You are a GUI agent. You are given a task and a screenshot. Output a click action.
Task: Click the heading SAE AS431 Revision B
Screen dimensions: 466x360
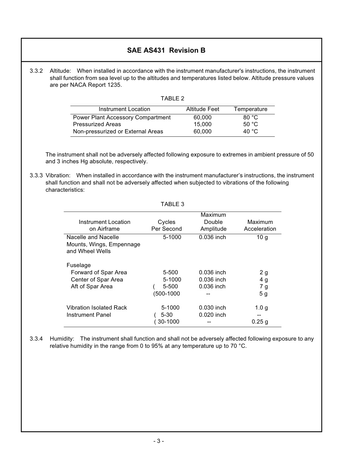tap(166, 50)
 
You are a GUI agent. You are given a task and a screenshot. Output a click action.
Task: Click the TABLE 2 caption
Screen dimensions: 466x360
tap(172, 99)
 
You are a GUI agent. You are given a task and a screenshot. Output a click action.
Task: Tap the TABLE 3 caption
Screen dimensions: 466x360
tap(172, 204)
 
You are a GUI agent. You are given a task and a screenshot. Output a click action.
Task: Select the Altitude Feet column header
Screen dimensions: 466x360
tap(202, 109)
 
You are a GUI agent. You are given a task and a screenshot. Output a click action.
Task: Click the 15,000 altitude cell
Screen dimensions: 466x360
tap(202, 124)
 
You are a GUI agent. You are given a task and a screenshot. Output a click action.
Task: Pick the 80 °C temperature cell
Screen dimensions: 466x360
tap(250, 117)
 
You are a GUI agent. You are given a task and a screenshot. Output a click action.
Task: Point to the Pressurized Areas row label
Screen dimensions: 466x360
tap(97, 124)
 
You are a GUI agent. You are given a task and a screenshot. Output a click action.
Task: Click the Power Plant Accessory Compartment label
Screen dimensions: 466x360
tap(122, 117)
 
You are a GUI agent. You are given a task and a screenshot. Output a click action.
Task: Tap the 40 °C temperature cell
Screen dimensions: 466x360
tap(250, 131)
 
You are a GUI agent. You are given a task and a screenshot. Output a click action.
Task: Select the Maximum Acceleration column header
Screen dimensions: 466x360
tap(260, 225)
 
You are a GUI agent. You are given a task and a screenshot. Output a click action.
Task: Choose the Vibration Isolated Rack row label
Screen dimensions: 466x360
tap(97, 308)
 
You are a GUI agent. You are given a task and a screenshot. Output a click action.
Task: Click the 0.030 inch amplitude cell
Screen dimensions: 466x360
tap(212, 308)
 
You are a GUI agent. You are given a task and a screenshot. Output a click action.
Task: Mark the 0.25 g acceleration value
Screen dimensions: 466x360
tap(260, 322)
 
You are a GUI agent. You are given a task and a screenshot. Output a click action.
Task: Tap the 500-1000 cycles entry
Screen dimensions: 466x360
tap(167, 294)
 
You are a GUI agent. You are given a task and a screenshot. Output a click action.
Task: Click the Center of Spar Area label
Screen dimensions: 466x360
tap(97, 280)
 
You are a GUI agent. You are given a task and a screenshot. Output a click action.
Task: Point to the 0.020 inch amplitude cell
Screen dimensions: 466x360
tap(212, 315)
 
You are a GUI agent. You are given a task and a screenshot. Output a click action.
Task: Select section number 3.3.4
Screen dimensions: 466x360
tap(36, 339)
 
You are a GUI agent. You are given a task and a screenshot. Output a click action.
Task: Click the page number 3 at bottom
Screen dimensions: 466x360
tap(158, 441)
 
